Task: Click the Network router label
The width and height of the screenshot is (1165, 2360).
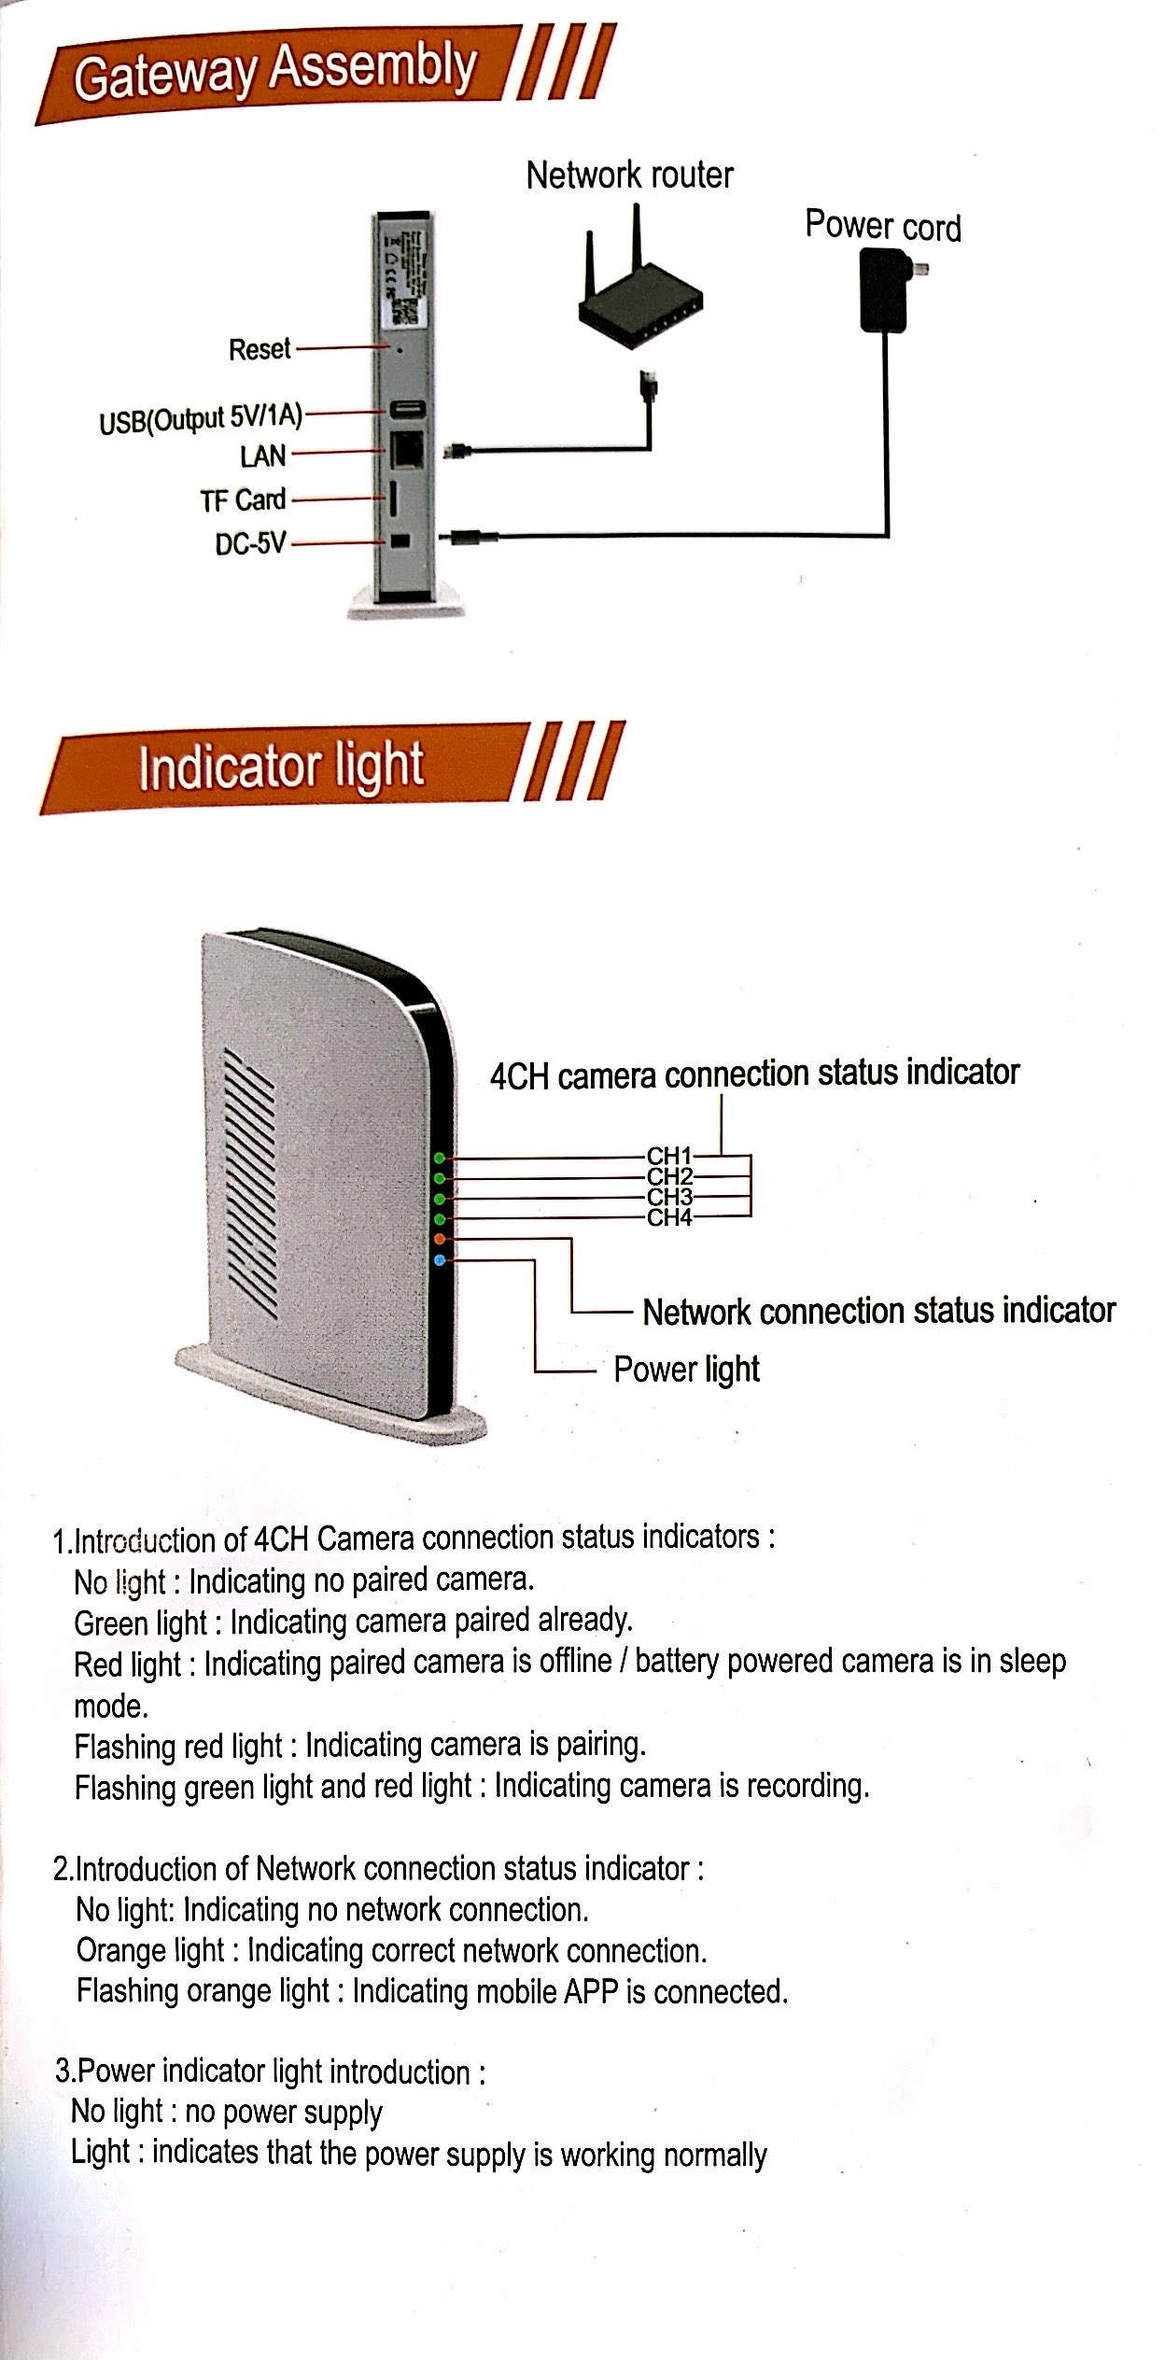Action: click(629, 176)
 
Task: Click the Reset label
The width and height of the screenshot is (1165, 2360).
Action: click(260, 349)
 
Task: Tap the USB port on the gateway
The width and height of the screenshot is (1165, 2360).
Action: click(407, 409)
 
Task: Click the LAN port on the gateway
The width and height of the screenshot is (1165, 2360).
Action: click(407, 451)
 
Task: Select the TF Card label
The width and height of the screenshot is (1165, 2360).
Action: click(243, 500)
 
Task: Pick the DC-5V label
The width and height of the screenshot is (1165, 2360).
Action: click(250, 543)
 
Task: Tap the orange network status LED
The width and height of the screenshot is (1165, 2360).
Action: click(441, 1239)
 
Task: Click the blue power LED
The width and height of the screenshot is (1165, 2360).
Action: click(441, 1261)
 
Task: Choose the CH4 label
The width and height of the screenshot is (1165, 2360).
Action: click(669, 1217)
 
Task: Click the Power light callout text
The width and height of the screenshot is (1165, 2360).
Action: click(686, 1370)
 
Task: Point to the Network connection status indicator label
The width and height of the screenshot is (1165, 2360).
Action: click(878, 1311)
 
